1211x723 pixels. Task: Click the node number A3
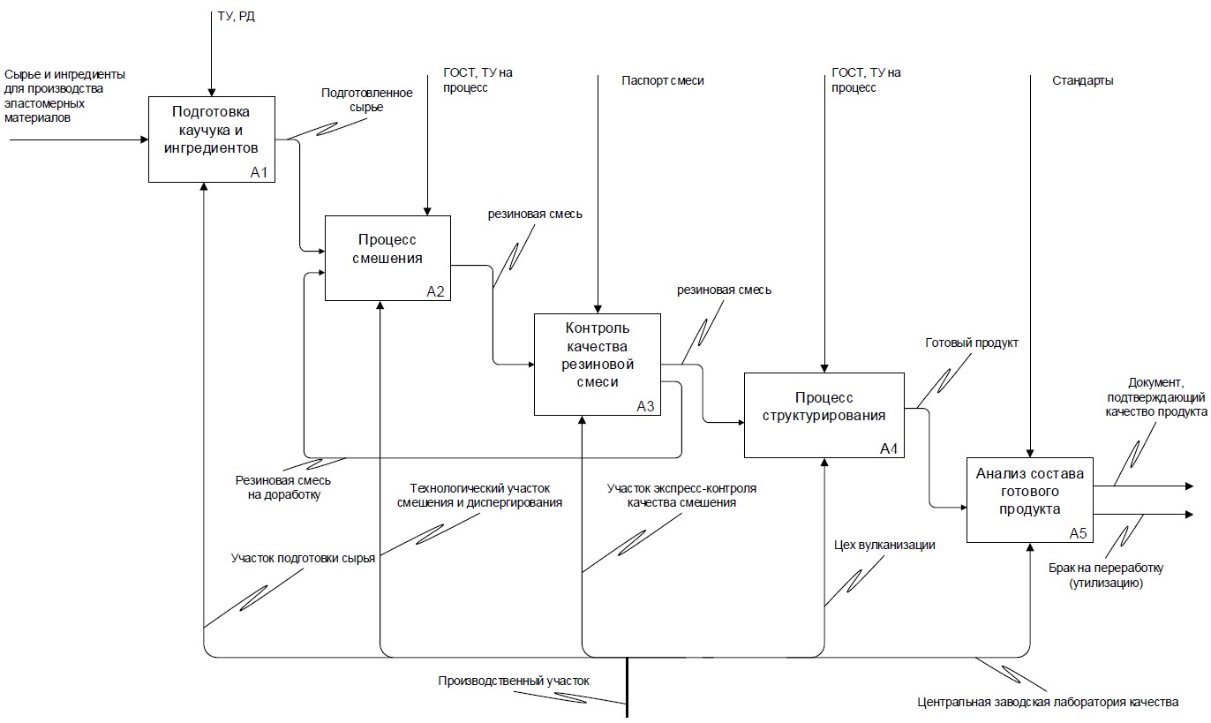point(645,406)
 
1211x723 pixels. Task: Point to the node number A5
point(1079,533)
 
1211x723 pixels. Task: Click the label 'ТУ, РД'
point(236,17)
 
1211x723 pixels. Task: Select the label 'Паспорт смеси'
point(662,80)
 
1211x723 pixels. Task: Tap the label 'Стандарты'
point(1082,80)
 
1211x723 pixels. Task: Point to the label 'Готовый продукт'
point(971,343)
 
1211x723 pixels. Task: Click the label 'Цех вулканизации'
point(884,544)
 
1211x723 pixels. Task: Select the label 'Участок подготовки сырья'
point(303,558)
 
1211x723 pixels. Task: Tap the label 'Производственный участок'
point(513,681)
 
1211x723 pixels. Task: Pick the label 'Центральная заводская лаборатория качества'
point(1048,703)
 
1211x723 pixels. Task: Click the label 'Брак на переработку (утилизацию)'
point(1106,576)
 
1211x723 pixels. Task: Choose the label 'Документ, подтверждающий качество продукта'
point(1155,396)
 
